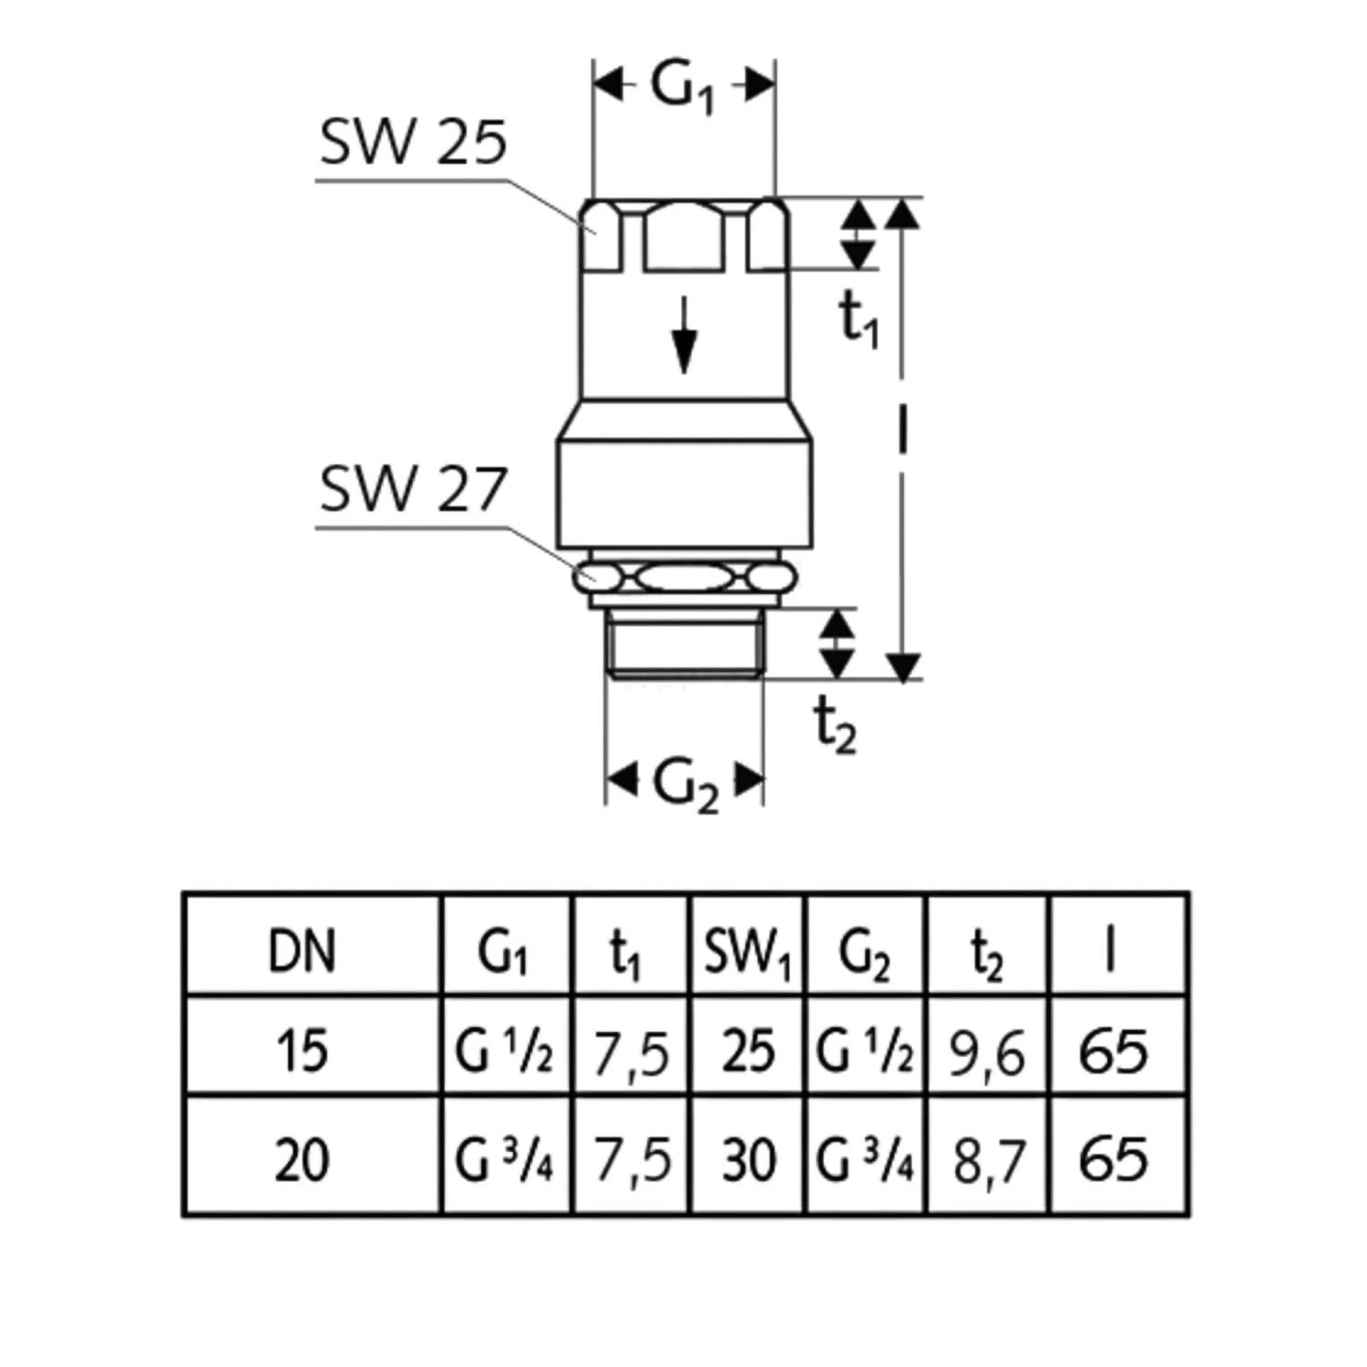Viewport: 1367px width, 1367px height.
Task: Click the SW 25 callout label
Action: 413,143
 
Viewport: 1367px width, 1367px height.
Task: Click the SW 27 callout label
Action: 412,489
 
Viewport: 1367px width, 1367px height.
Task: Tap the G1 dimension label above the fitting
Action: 683,88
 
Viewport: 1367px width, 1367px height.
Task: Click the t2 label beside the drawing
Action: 835,726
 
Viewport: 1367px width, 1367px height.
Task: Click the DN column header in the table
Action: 303,951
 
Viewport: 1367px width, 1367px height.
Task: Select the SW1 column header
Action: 746,951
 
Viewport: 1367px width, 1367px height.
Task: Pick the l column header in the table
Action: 1109,951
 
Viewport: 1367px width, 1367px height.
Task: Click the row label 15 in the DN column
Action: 303,1050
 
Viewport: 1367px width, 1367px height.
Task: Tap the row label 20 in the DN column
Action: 303,1160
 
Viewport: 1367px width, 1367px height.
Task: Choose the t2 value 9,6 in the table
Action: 987,1054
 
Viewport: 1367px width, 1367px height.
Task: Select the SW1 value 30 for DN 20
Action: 747,1160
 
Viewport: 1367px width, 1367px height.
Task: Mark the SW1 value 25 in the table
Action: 747,1050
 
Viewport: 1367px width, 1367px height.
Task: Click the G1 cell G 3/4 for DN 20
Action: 504,1160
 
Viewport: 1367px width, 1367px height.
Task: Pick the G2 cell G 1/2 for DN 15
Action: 864,1051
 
